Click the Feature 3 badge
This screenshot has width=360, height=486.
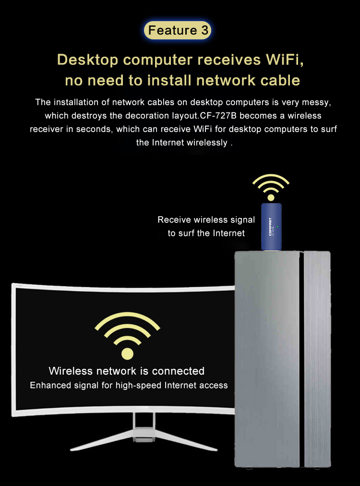point(178,30)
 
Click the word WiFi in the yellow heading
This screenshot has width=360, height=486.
point(285,60)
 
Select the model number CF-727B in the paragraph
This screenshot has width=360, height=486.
point(218,116)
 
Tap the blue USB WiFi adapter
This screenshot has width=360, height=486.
point(271,227)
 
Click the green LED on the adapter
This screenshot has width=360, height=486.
point(277,227)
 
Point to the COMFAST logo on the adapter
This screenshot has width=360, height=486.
point(270,227)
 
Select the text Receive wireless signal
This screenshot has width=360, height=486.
point(206,220)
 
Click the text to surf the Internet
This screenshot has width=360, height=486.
point(206,233)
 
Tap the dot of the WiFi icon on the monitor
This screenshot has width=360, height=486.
point(127,353)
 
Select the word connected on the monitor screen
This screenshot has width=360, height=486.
point(178,371)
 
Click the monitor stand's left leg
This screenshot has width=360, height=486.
point(102,439)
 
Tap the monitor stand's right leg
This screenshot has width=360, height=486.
point(186,440)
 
